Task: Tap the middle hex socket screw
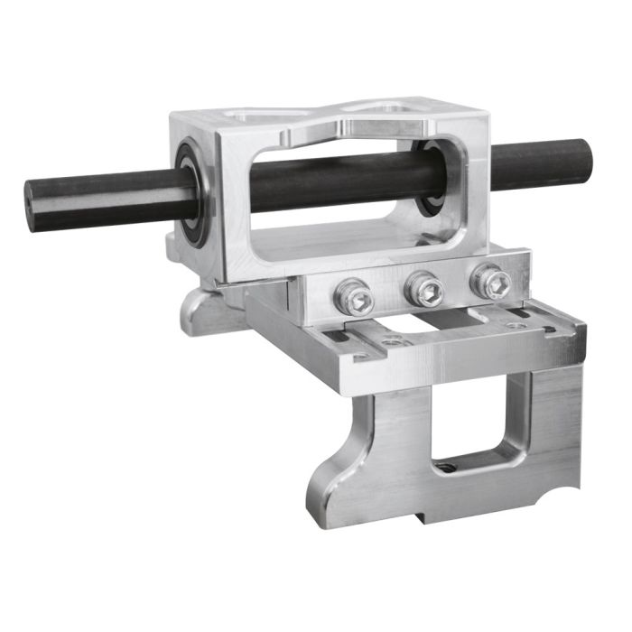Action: pos(423,289)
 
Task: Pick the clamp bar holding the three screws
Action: pos(415,289)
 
